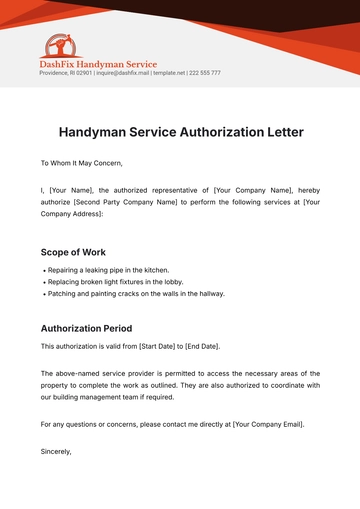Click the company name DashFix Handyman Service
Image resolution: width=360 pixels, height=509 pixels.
[x=97, y=64]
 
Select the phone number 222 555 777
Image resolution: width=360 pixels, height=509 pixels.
[x=205, y=73]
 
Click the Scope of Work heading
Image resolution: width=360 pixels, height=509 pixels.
[x=73, y=252]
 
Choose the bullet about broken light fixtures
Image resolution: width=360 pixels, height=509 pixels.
[x=121, y=282]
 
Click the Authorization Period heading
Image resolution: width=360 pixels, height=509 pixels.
[x=93, y=328]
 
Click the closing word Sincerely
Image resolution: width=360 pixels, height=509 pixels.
[x=56, y=452]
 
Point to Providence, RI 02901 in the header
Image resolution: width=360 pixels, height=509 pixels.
[x=65, y=73]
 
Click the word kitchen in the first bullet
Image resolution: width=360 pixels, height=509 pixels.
[x=158, y=270]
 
